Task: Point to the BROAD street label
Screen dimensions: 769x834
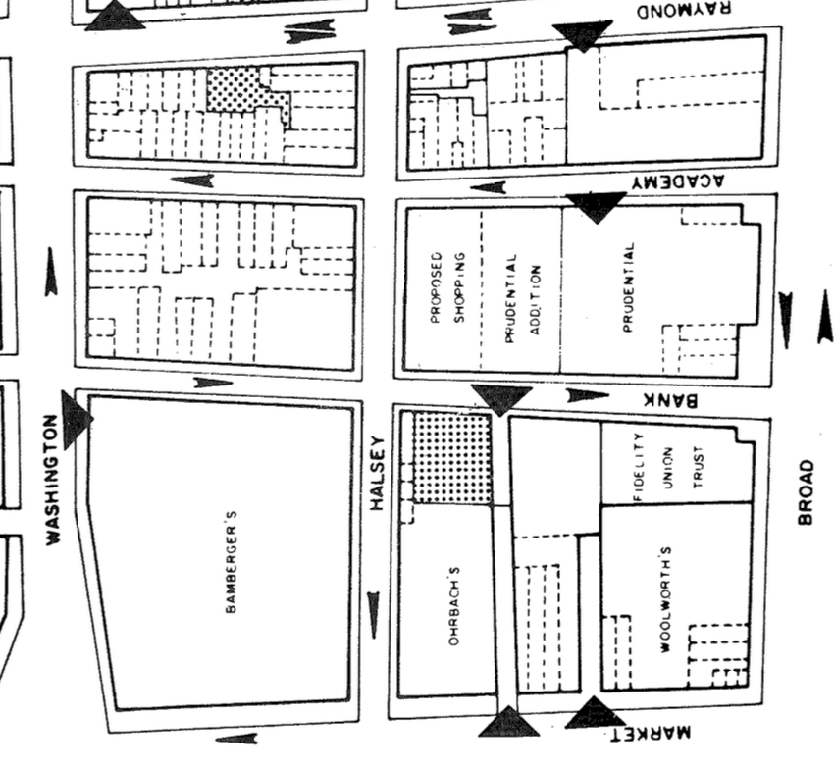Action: [807, 491]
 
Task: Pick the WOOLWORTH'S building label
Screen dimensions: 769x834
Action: [665, 598]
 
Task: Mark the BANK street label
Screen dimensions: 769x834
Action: [670, 399]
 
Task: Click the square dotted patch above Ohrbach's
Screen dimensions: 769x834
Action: [450, 458]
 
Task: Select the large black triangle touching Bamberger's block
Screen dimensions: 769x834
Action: [75, 419]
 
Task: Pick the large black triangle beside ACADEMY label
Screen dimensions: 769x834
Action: [596, 205]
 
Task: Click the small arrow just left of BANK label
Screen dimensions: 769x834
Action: [587, 395]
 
